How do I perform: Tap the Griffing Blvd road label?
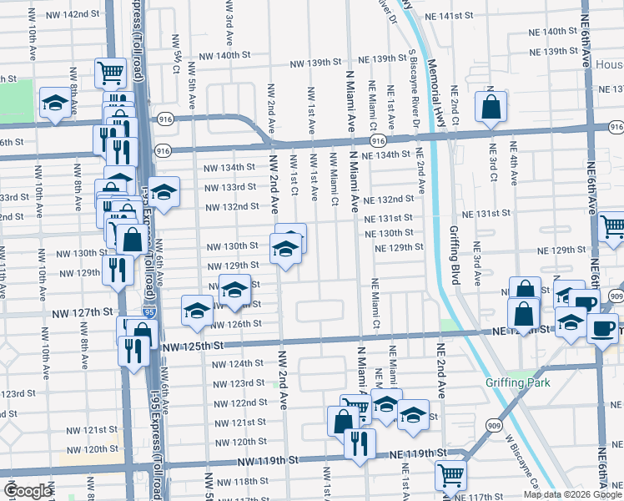point(455,256)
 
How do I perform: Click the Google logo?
point(28,491)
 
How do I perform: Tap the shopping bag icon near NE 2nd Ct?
point(491,107)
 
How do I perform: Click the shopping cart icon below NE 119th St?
point(450,476)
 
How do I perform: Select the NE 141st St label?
point(448,16)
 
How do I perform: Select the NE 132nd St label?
point(389,199)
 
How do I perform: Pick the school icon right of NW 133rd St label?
point(164,191)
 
